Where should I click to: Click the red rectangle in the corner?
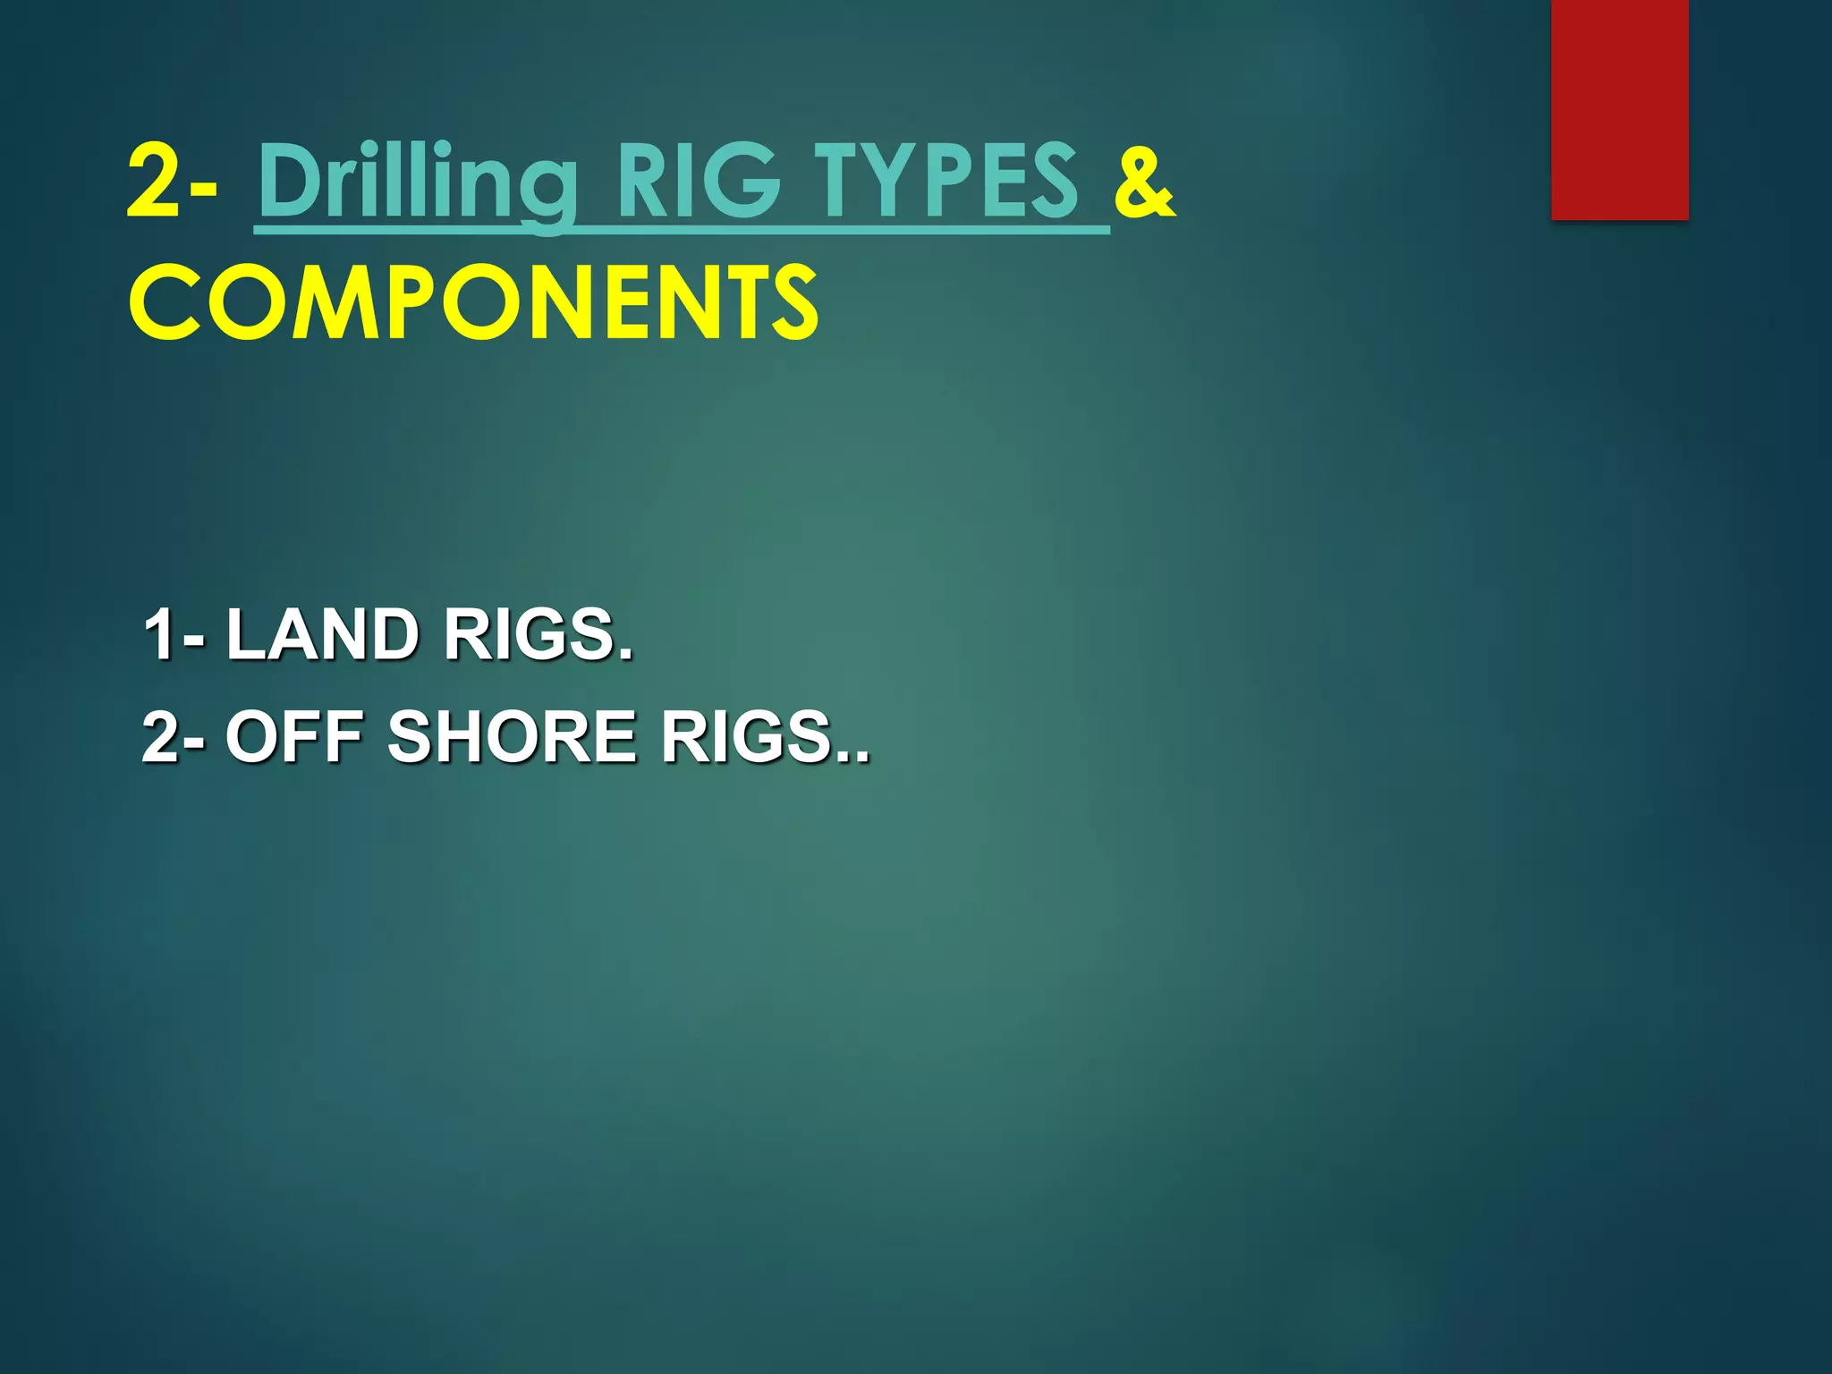[x=1619, y=109]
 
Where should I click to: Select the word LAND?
[x=322, y=634]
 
